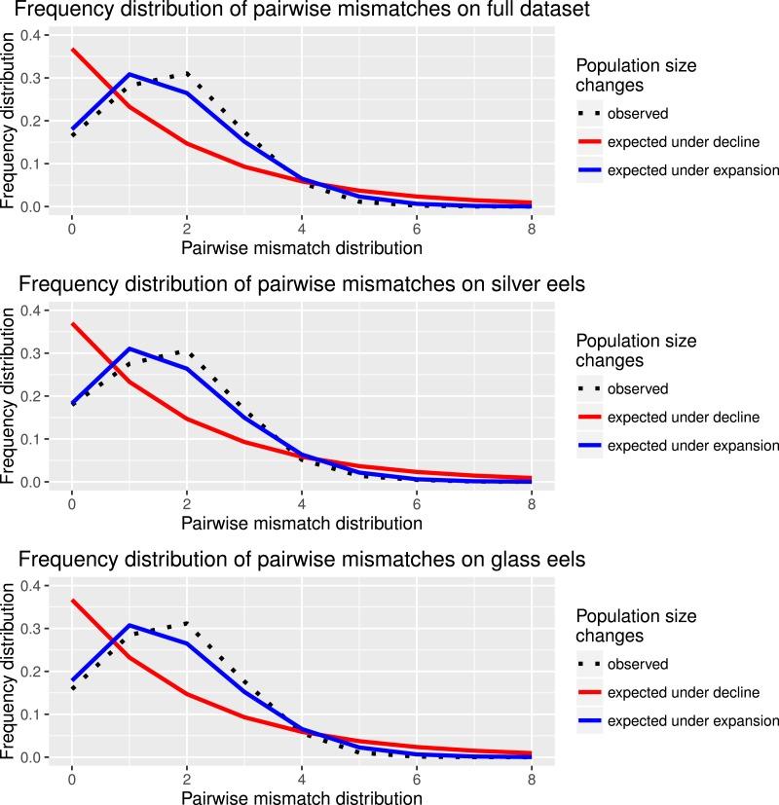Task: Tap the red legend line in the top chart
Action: point(588,141)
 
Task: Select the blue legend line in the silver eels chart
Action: point(588,445)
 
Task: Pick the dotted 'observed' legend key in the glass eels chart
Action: point(588,664)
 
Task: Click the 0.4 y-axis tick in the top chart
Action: point(35,35)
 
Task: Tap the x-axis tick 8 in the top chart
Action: point(532,228)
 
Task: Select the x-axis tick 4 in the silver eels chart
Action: point(302,503)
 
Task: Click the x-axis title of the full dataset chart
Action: point(302,248)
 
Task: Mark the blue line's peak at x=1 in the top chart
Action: point(130,74)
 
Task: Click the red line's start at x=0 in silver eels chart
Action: point(72,324)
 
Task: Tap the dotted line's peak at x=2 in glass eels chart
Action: point(187,623)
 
